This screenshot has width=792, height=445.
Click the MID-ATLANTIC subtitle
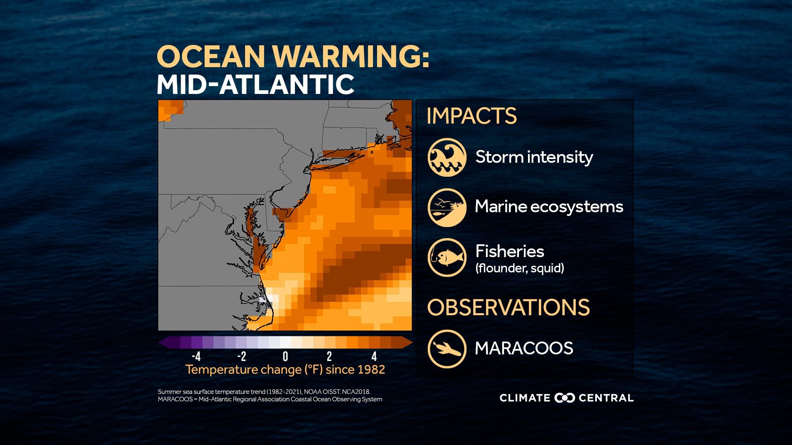pyautogui.click(x=255, y=84)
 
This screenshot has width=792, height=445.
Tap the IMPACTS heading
pyautogui.click(x=471, y=116)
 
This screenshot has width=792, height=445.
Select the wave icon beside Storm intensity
pyautogui.click(x=447, y=157)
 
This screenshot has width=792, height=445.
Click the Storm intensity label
pyautogui.click(x=534, y=157)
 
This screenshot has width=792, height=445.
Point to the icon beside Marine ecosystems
pyautogui.click(x=447, y=207)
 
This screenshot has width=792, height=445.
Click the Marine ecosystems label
pyautogui.click(x=549, y=206)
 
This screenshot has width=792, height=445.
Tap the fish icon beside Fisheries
pyautogui.click(x=447, y=257)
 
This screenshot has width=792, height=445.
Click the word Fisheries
pyautogui.click(x=509, y=251)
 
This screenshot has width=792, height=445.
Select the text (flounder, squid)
pyautogui.click(x=519, y=269)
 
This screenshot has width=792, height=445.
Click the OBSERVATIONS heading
pyautogui.click(x=508, y=307)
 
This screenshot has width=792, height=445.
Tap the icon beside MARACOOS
pyautogui.click(x=447, y=349)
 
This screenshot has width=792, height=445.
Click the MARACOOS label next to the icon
pyautogui.click(x=524, y=349)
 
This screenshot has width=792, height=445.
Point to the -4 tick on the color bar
pyautogui.click(x=196, y=356)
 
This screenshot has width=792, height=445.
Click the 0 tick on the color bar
pyautogui.click(x=285, y=356)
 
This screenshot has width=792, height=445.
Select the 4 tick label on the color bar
pyautogui.click(x=374, y=356)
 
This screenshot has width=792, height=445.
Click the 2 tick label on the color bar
pyautogui.click(x=329, y=356)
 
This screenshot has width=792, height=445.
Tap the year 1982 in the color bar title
pyautogui.click(x=370, y=370)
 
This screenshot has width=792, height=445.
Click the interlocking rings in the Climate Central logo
pyautogui.click(x=565, y=398)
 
